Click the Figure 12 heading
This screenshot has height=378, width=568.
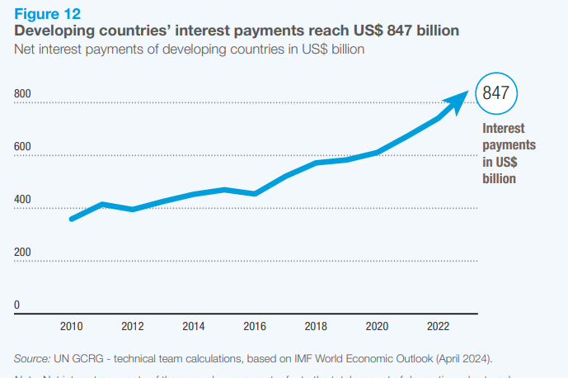tap(48, 13)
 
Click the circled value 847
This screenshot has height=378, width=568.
tap(495, 92)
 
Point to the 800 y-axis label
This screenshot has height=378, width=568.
tap(22, 94)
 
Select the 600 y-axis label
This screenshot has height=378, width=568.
tap(22, 147)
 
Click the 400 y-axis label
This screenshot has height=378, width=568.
tap(22, 200)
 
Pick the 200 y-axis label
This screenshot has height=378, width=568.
tap(22, 253)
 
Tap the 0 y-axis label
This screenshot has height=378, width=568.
tap(16, 305)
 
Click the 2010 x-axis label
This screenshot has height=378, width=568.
tap(72, 326)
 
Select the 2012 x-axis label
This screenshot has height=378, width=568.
tap(132, 326)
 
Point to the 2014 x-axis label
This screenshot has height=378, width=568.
tap(193, 326)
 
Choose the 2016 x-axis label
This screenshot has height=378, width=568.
tap(254, 326)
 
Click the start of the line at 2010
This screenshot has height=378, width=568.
tap(72, 219)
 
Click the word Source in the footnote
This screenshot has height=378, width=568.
tap(31, 358)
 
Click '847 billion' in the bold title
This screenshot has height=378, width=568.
tap(418, 31)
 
